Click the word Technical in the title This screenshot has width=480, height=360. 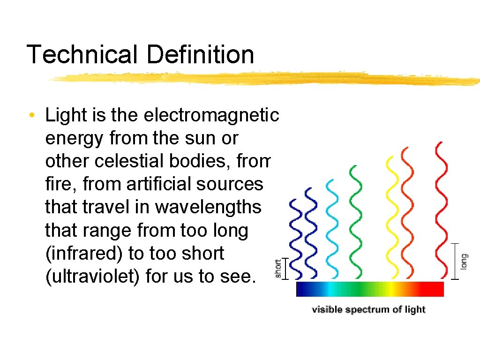(x=82, y=54)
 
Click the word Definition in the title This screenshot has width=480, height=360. (x=200, y=54)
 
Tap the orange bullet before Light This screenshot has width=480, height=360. (x=30, y=115)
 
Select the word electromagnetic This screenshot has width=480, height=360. (x=211, y=115)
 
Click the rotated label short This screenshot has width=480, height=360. (x=278, y=269)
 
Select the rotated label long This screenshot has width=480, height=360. (x=464, y=262)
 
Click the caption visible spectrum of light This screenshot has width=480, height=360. (x=368, y=310)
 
